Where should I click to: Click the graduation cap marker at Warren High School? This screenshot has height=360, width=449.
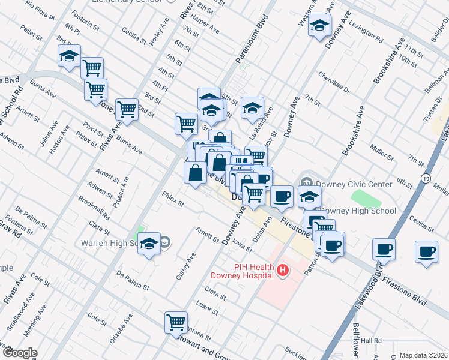point(149,244)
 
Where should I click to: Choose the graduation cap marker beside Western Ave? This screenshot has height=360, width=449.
point(320,25)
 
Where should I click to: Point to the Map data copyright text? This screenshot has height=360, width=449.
point(423,355)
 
